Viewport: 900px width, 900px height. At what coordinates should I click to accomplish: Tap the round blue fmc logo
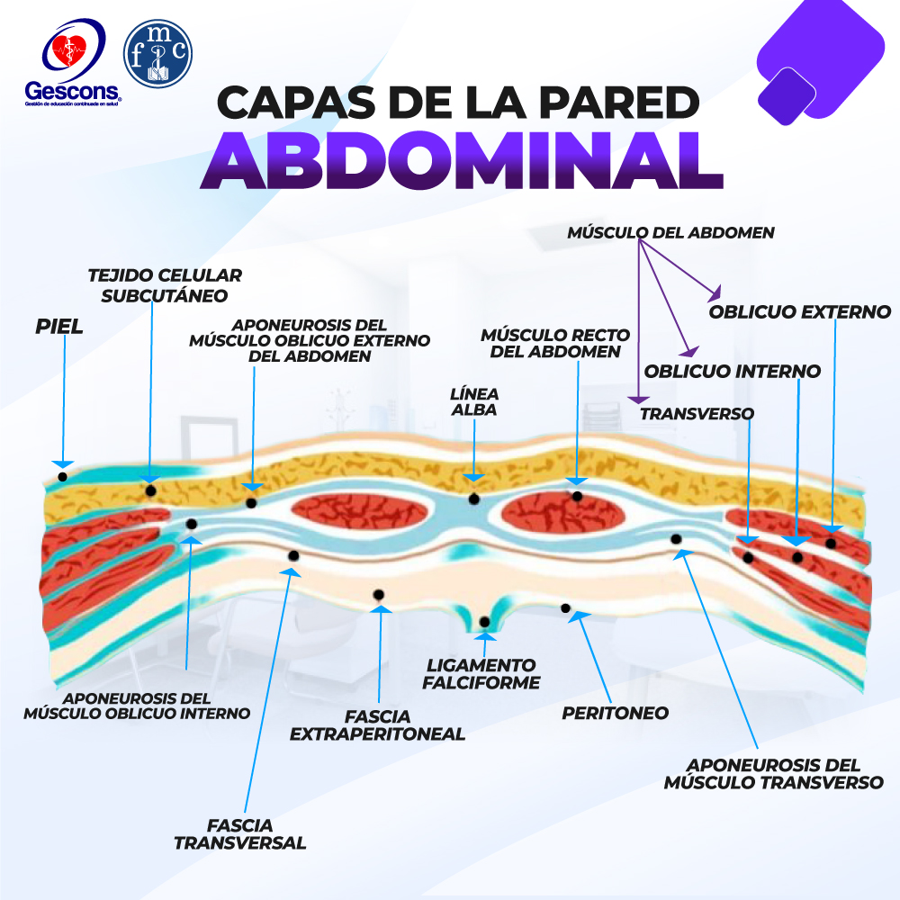pyautogui.click(x=157, y=53)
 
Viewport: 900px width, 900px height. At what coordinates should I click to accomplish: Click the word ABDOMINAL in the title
pyautogui.click(x=462, y=161)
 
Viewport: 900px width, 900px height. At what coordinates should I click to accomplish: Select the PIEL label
pyautogui.click(x=59, y=327)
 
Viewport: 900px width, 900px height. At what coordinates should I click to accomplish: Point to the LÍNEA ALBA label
pyautogui.click(x=474, y=401)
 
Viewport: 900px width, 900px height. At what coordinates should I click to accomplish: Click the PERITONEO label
pyautogui.click(x=616, y=713)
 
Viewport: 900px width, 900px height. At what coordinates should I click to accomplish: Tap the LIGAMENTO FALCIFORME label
pyautogui.click(x=481, y=674)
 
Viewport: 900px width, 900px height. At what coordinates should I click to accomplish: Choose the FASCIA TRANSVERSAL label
pyautogui.click(x=240, y=834)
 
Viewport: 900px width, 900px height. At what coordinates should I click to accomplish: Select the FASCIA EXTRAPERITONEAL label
pyautogui.click(x=377, y=724)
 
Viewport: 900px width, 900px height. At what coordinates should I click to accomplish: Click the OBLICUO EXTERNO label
pyautogui.click(x=799, y=311)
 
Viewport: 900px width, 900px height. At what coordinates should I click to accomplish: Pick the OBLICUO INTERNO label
pyautogui.click(x=733, y=371)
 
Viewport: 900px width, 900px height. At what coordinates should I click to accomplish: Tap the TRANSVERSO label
pyautogui.click(x=697, y=413)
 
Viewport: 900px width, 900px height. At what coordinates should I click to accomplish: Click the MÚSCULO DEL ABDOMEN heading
pyautogui.click(x=671, y=232)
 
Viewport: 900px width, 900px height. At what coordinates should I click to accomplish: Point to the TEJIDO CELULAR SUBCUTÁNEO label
pyautogui.click(x=165, y=285)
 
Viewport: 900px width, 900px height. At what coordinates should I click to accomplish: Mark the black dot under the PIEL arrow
pyautogui.click(x=63, y=476)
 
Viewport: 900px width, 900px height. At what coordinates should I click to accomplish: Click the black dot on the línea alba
pyautogui.click(x=473, y=499)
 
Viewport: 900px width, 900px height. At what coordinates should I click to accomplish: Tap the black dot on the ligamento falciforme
pyautogui.click(x=484, y=622)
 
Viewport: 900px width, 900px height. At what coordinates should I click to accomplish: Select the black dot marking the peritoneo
pyautogui.click(x=565, y=607)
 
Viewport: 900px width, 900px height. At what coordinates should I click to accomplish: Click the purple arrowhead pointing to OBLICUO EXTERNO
pyautogui.click(x=715, y=293)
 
